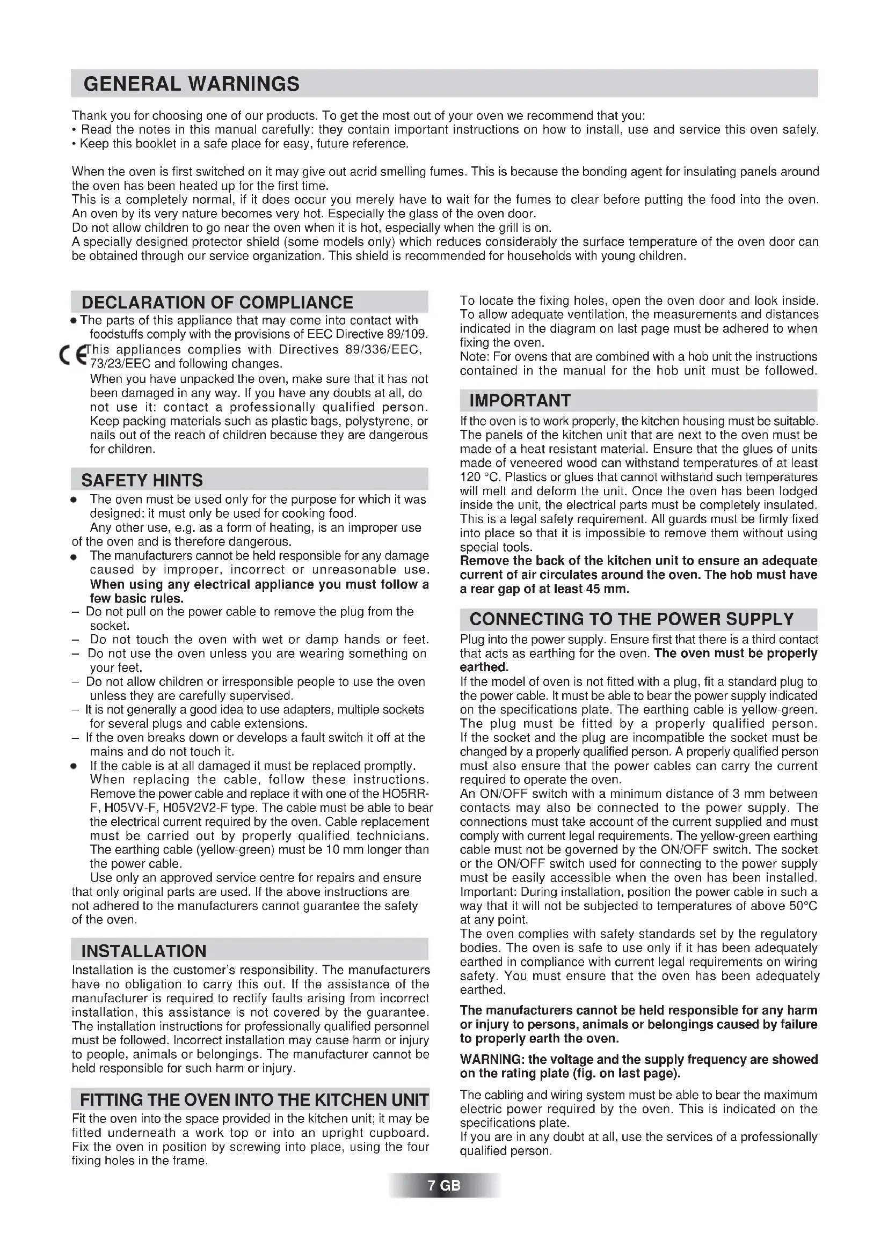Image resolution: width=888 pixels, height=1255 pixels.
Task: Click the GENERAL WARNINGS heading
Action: [x=191, y=84]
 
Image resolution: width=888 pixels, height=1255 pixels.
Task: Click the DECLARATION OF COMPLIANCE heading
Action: [x=217, y=302]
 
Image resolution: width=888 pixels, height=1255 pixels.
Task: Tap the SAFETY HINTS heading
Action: [x=142, y=480]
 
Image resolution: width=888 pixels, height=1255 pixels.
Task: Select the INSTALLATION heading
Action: [x=144, y=951]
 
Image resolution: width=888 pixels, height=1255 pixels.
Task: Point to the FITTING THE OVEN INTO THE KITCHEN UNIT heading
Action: [x=254, y=1099]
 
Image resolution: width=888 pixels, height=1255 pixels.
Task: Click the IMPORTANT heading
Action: [x=520, y=401]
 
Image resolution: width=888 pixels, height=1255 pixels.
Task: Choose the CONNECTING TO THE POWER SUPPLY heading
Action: [x=631, y=619]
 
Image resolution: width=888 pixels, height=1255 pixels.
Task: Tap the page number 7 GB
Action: [x=444, y=1186]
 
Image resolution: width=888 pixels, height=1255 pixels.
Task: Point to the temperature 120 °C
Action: [x=480, y=476]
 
